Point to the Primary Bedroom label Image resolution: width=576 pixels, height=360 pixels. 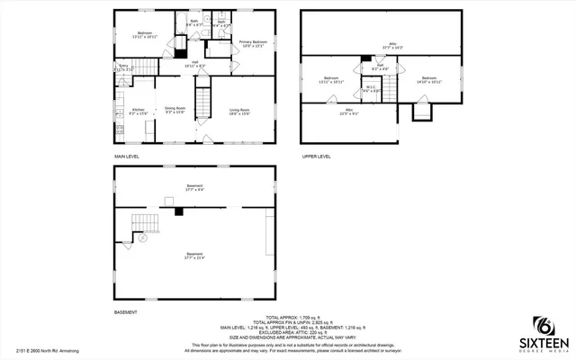(x=252, y=45)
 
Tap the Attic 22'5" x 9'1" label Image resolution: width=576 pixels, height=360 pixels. (x=348, y=114)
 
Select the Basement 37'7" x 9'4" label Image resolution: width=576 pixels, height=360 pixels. (x=194, y=188)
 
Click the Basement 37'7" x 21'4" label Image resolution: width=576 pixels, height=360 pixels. (x=194, y=256)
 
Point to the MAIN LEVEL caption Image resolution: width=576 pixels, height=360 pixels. (x=127, y=157)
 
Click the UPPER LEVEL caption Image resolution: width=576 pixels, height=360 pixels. (x=318, y=157)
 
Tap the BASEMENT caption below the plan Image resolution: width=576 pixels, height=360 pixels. (x=125, y=312)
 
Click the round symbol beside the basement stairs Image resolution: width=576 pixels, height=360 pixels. (x=141, y=239)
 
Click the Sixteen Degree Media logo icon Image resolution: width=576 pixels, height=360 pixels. (x=543, y=325)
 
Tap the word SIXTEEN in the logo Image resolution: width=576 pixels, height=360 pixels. (x=544, y=343)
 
